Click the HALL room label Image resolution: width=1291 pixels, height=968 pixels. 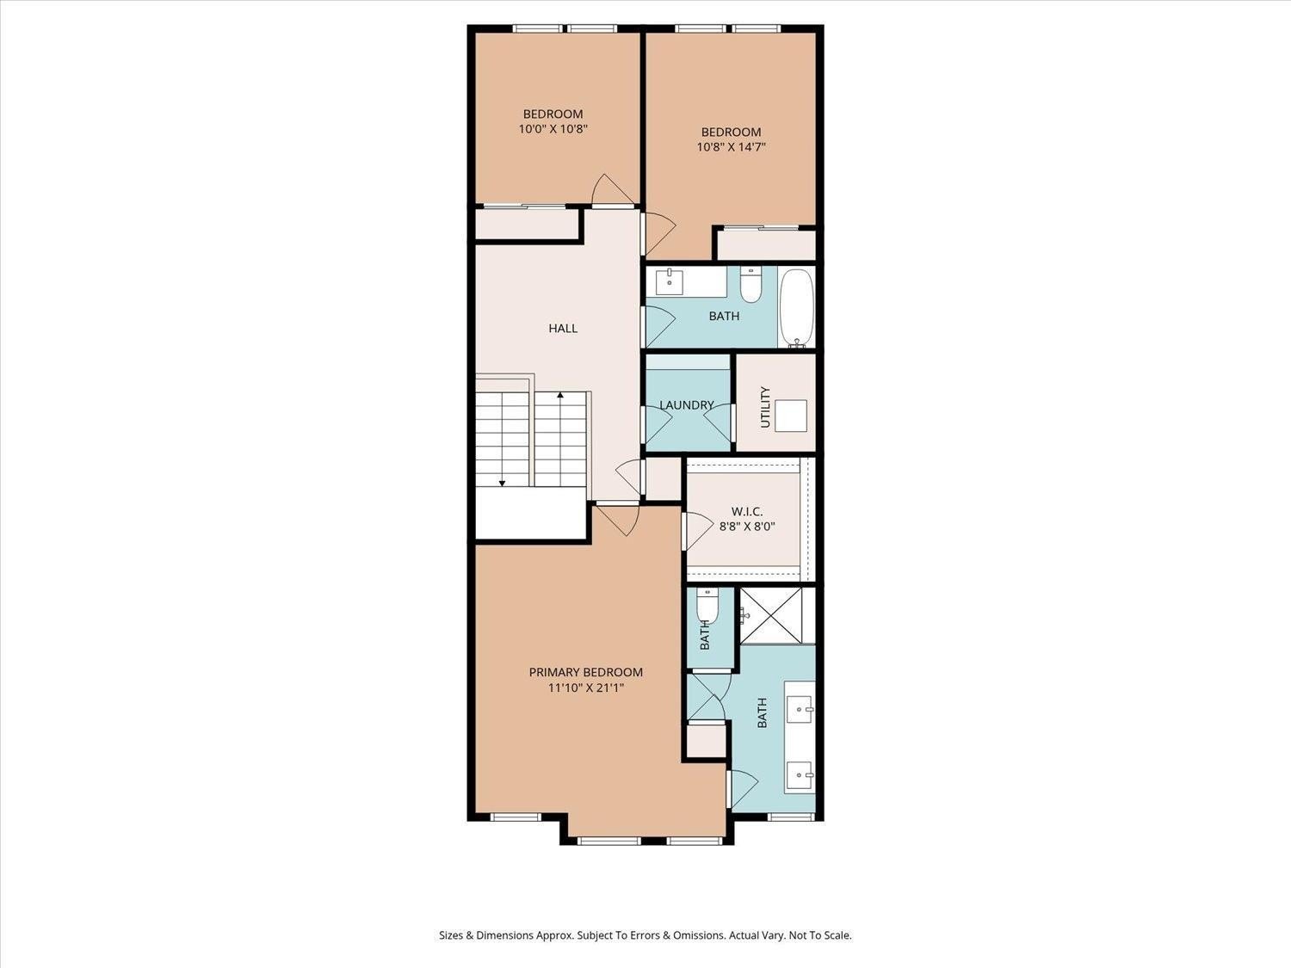coord(563,328)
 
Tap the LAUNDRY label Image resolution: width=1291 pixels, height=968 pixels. coord(686,404)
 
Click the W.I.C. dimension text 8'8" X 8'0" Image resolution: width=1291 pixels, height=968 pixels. coord(747,527)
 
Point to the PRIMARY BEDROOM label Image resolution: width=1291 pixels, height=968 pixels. coord(585,672)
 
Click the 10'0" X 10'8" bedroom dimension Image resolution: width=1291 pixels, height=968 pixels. coord(553,129)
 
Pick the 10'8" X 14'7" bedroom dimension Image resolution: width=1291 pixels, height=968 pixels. coord(731,147)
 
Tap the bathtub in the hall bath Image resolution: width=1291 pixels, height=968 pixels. coord(796,308)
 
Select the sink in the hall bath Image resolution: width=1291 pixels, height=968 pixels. coord(670,281)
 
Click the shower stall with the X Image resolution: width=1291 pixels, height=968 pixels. coord(777,614)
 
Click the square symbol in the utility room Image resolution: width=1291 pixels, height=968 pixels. coord(790,416)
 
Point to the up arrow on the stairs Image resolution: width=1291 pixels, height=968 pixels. coord(560,396)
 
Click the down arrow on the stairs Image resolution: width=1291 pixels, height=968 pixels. coord(502,482)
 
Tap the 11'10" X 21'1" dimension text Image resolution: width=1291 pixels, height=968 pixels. coord(585,688)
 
